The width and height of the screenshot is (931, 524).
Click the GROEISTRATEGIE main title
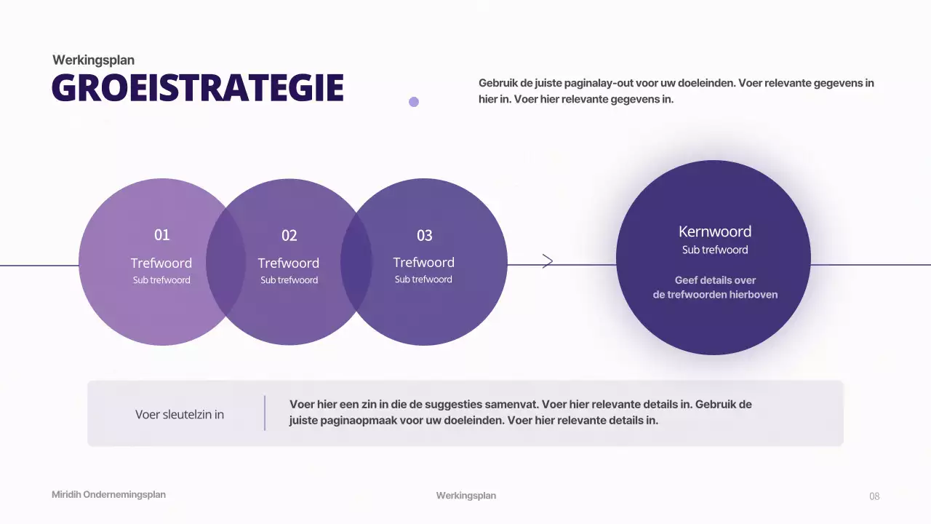[197, 88]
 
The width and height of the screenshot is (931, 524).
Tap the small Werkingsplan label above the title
[93, 60]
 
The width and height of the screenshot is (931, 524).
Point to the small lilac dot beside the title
[414, 102]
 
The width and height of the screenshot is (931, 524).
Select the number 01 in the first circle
[161, 235]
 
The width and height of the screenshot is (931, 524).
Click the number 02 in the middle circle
[289, 236]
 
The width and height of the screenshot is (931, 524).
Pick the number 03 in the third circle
[424, 236]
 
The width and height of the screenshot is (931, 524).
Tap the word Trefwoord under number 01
[161, 263]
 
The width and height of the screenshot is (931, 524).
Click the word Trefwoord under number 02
[289, 263]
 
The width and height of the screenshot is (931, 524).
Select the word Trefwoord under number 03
[423, 262]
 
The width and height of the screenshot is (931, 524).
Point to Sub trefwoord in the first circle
[161, 280]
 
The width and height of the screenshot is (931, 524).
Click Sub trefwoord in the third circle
[423, 279]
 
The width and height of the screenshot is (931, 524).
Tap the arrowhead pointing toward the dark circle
[548, 261]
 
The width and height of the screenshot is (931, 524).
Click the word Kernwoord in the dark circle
[715, 231]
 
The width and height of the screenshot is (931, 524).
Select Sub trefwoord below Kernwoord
[715, 250]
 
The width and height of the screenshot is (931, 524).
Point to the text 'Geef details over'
[715, 280]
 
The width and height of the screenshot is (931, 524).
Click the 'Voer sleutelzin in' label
[180, 415]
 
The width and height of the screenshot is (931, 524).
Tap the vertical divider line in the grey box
[265, 413]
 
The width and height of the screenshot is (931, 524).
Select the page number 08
[874, 496]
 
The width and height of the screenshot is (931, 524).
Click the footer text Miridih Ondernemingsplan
[108, 495]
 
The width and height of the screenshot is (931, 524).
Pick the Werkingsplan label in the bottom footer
[466, 496]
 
